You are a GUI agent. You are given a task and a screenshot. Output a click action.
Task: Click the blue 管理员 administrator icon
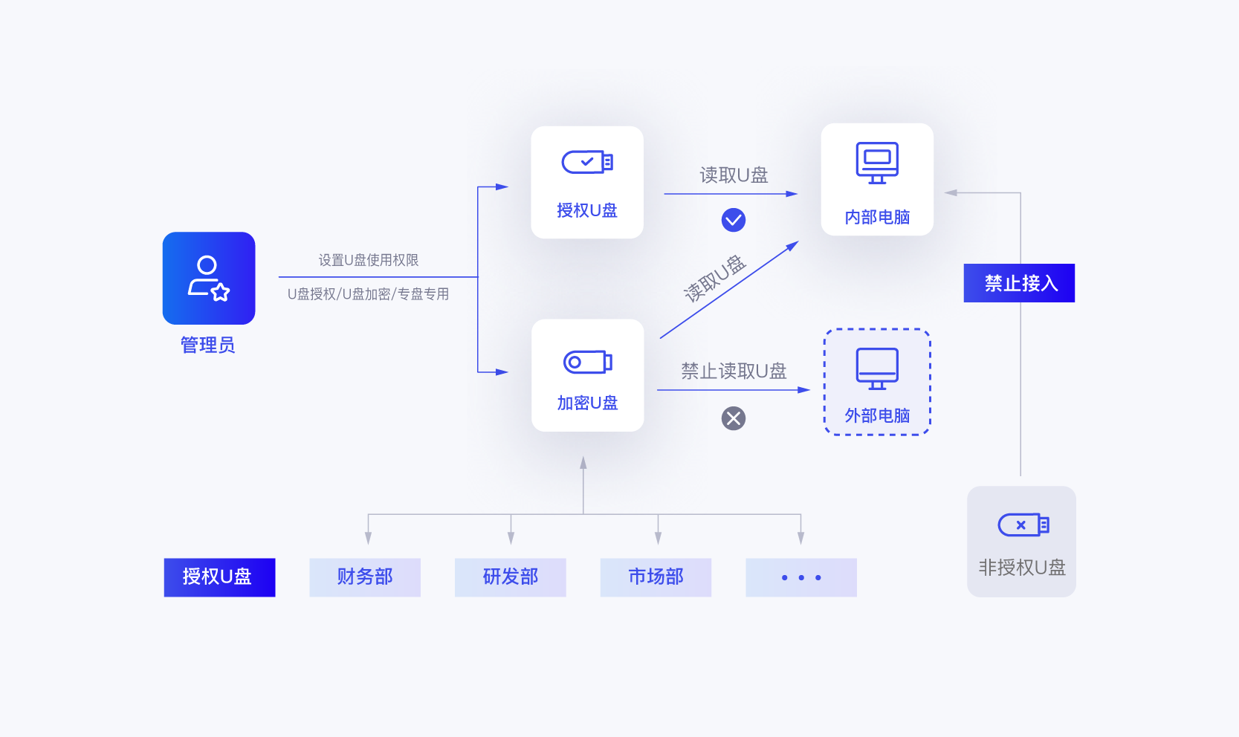[x=209, y=278]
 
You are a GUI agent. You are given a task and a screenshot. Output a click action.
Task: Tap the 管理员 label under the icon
[x=208, y=345]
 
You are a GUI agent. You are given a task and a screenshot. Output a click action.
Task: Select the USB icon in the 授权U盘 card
[x=587, y=162]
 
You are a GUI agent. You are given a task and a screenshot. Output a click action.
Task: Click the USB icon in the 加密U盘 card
[x=587, y=362]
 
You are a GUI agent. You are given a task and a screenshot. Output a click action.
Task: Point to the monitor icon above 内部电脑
[x=877, y=162]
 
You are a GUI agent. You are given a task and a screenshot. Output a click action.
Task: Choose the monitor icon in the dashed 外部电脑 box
[x=877, y=368]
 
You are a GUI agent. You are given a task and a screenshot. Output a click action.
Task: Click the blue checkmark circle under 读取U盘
[x=734, y=220]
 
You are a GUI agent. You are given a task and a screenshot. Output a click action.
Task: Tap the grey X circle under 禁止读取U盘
[x=734, y=418]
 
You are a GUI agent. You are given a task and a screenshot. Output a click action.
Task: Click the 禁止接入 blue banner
[x=1019, y=283]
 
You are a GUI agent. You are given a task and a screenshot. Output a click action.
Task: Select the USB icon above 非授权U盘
[x=1023, y=525]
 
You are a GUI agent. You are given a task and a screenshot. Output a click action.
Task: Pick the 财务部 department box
[x=365, y=577]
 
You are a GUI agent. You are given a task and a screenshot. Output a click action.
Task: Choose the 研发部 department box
[x=511, y=577]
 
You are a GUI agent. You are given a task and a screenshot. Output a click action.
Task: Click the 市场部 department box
[x=656, y=577]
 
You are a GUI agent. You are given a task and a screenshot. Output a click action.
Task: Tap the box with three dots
[x=801, y=577]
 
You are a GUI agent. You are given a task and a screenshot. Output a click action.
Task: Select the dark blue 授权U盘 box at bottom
[x=219, y=577]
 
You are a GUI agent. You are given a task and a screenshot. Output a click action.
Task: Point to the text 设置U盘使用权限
[x=369, y=260]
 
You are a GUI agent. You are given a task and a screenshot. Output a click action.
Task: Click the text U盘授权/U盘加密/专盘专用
[x=369, y=294]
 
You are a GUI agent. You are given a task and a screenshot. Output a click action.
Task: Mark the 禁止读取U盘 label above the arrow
[x=734, y=371]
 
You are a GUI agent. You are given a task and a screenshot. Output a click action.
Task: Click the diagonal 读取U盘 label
[x=714, y=279]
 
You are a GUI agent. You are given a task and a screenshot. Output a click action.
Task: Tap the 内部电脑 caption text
[x=877, y=217]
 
